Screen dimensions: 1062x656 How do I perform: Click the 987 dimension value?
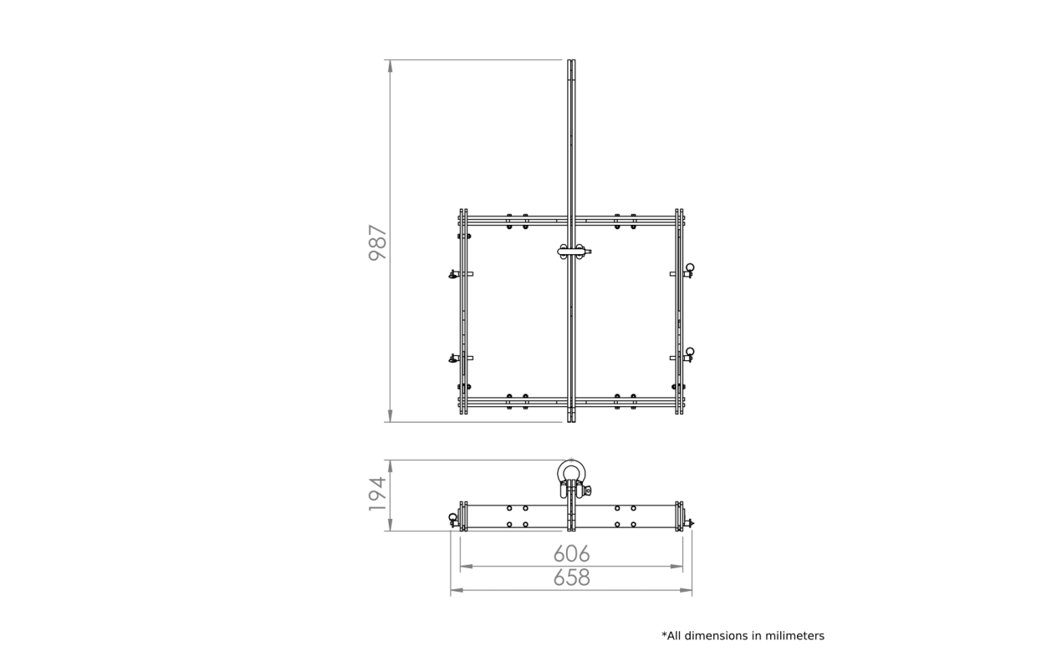pyautogui.click(x=378, y=242)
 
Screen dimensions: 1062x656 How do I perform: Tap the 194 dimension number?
pyautogui.click(x=378, y=494)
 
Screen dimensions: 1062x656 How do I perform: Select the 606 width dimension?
pyautogui.click(x=571, y=554)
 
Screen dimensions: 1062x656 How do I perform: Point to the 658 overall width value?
pyautogui.click(x=571, y=577)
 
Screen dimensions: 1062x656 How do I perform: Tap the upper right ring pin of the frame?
pyautogui.click(x=689, y=270)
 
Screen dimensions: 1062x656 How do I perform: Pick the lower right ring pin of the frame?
pyautogui.click(x=689, y=354)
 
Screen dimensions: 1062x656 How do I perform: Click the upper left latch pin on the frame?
pyautogui.click(x=454, y=274)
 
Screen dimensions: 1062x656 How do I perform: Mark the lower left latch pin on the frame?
pyautogui.click(x=454, y=359)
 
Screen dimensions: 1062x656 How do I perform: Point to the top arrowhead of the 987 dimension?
pyautogui.click(x=391, y=66)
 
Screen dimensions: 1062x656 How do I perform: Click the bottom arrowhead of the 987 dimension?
pyautogui.click(x=391, y=416)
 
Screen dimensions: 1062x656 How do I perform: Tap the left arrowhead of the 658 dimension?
pyautogui.click(x=457, y=590)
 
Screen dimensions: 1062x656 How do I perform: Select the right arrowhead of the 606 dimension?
pyautogui.click(x=677, y=566)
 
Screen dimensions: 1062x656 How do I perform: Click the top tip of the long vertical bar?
pyautogui.click(x=571, y=60)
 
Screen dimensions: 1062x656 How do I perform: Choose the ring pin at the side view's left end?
pyautogui.click(x=452, y=520)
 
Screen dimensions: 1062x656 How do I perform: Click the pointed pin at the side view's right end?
pyautogui.click(x=690, y=523)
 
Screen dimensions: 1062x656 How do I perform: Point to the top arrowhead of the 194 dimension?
pyautogui.click(x=391, y=466)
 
